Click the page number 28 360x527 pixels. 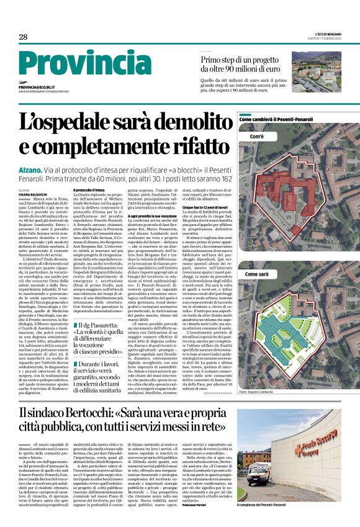tap(23, 37)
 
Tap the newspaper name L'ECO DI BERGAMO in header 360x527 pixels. tap(328, 34)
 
